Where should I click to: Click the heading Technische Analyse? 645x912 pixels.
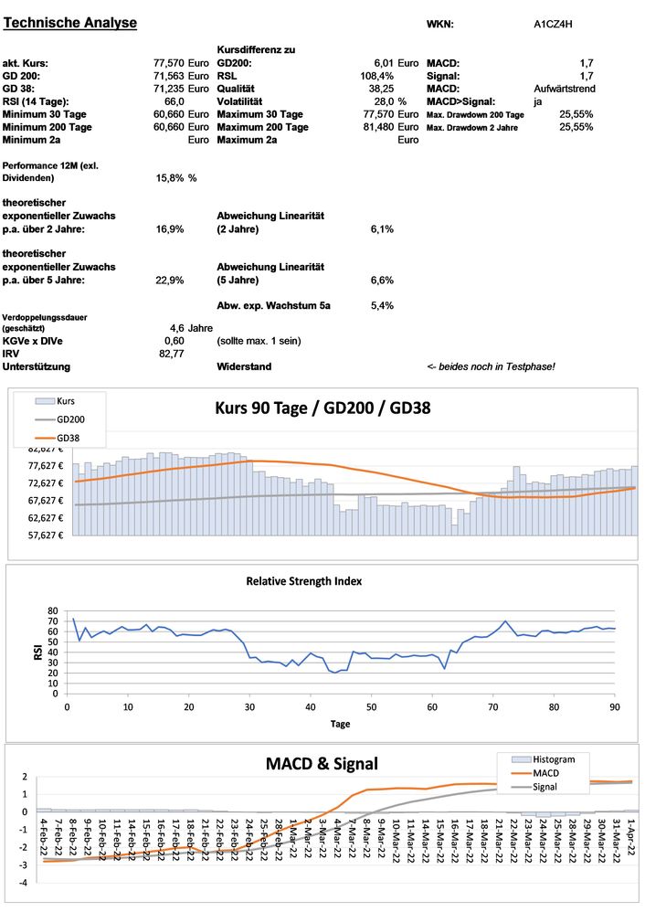71,23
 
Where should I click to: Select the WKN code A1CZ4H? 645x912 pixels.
554,25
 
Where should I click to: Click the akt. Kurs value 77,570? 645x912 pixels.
169,63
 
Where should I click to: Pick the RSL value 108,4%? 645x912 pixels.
377,76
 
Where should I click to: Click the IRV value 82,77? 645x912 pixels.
172,353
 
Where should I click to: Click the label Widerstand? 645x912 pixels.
244,366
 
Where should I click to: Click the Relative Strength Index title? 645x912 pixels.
316,580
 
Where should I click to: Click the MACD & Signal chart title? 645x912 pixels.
322,763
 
